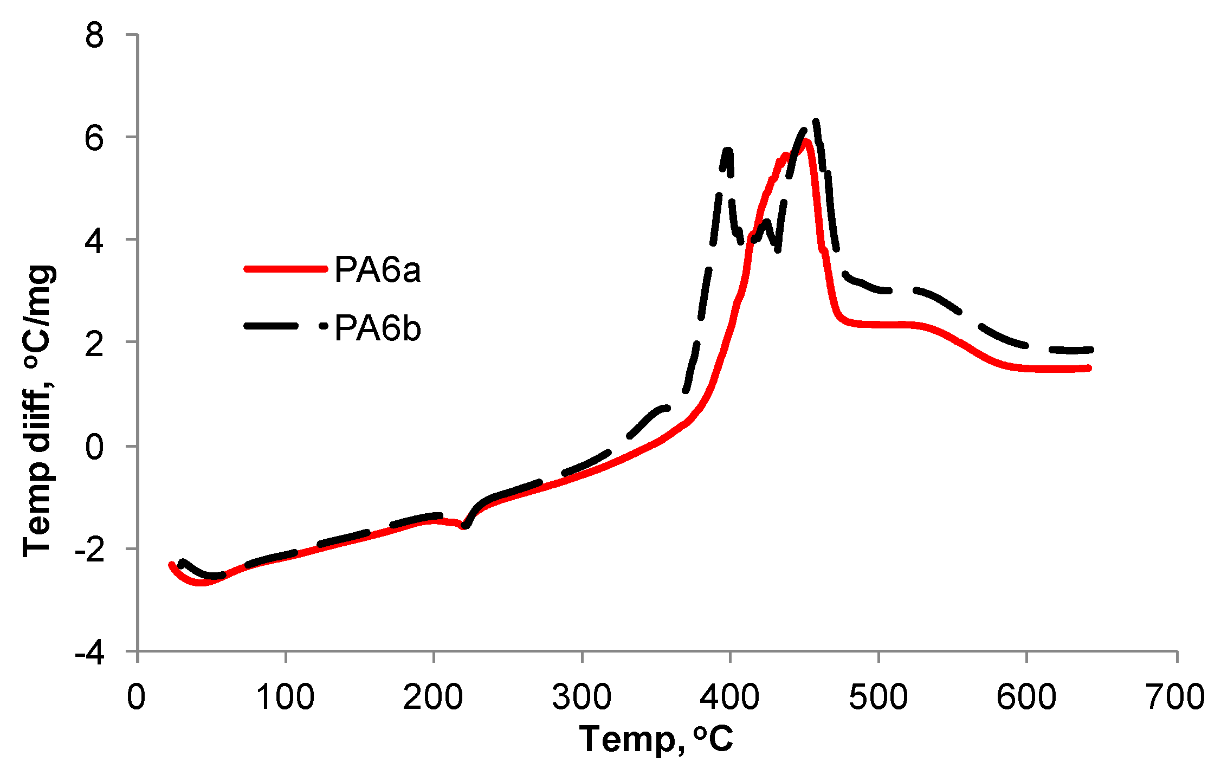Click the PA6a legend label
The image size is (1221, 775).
point(377,269)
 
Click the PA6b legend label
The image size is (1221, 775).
point(377,328)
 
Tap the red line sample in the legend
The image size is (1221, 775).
point(286,269)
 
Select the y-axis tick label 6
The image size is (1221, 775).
point(94,139)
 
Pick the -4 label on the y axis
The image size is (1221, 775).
point(89,654)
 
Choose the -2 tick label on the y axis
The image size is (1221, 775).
point(89,551)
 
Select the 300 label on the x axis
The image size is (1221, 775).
point(582,697)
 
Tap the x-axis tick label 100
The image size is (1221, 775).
point(285,697)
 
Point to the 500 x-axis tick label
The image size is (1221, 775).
point(878,697)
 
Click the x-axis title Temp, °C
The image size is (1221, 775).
point(656,739)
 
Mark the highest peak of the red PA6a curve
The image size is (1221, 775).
point(806,141)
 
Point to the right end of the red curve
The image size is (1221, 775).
point(1088,368)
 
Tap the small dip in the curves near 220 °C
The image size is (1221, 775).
point(464,526)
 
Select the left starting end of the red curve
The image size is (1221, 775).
point(172,565)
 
